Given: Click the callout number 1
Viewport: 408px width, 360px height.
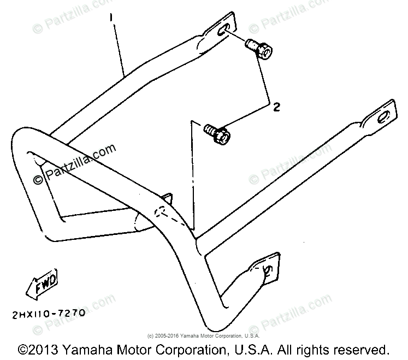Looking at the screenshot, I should point(113,18).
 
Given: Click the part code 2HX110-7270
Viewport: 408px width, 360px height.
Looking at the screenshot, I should point(47,314).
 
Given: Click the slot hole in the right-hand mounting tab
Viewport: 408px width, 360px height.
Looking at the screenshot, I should point(383,116).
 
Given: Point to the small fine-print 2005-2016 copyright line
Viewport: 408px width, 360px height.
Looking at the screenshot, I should point(204,335).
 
